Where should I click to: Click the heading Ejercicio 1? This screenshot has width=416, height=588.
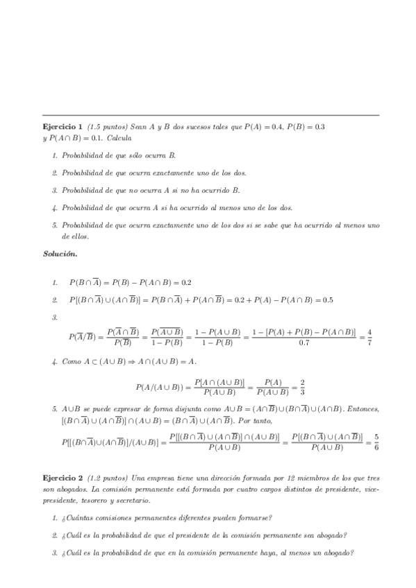click(63, 127)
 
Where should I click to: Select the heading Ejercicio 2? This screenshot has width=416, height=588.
click(63, 479)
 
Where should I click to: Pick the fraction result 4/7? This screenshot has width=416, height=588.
click(369, 337)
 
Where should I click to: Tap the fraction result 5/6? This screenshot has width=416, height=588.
click(376, 442)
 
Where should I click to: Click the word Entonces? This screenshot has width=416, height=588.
click(362, 410)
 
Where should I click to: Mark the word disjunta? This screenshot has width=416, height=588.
click(178, 410)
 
